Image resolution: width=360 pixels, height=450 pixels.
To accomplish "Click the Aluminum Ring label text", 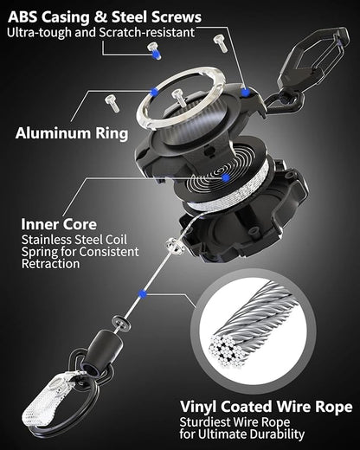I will click(x=71, y=134).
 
